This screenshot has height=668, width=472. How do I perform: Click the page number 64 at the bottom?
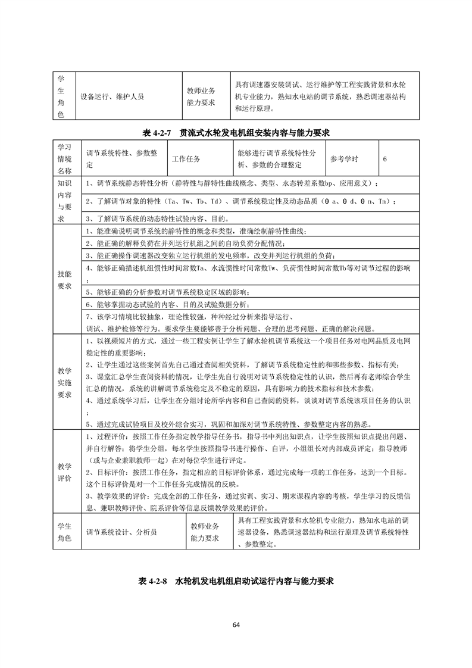coord(236,625)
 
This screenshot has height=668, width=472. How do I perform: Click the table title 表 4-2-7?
coord(236,132)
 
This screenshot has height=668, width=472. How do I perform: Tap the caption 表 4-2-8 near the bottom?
coord(236,580)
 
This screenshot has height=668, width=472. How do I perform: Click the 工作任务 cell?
coord(186,159)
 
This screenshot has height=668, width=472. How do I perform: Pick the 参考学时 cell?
coord(345,159)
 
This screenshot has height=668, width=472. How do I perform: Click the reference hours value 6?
coord(386,159)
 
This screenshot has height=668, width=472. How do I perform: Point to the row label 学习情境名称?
coord(64,159)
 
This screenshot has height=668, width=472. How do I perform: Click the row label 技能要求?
coord(64,280)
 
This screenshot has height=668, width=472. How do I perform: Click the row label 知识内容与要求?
coord(64,200)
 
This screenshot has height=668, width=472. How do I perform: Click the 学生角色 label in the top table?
coord(60,96)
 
